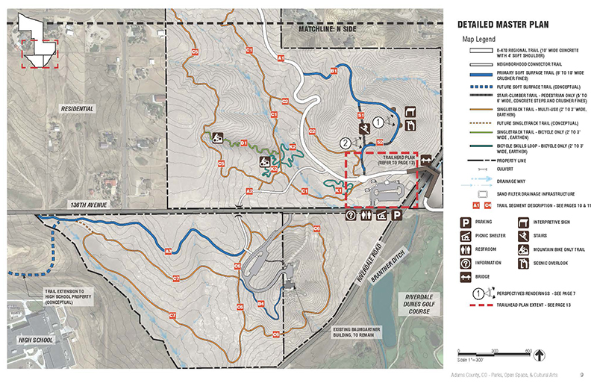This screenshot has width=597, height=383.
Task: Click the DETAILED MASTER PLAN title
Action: pyautogui.click(x=509, y=24)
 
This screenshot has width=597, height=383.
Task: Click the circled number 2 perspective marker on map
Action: pyautogui.click(x=346, y=142)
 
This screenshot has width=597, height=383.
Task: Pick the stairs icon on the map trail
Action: pyautogui.click(x=363, y=128)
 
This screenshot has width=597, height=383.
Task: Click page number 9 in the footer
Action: pyautogui.click(x=581, y=374)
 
